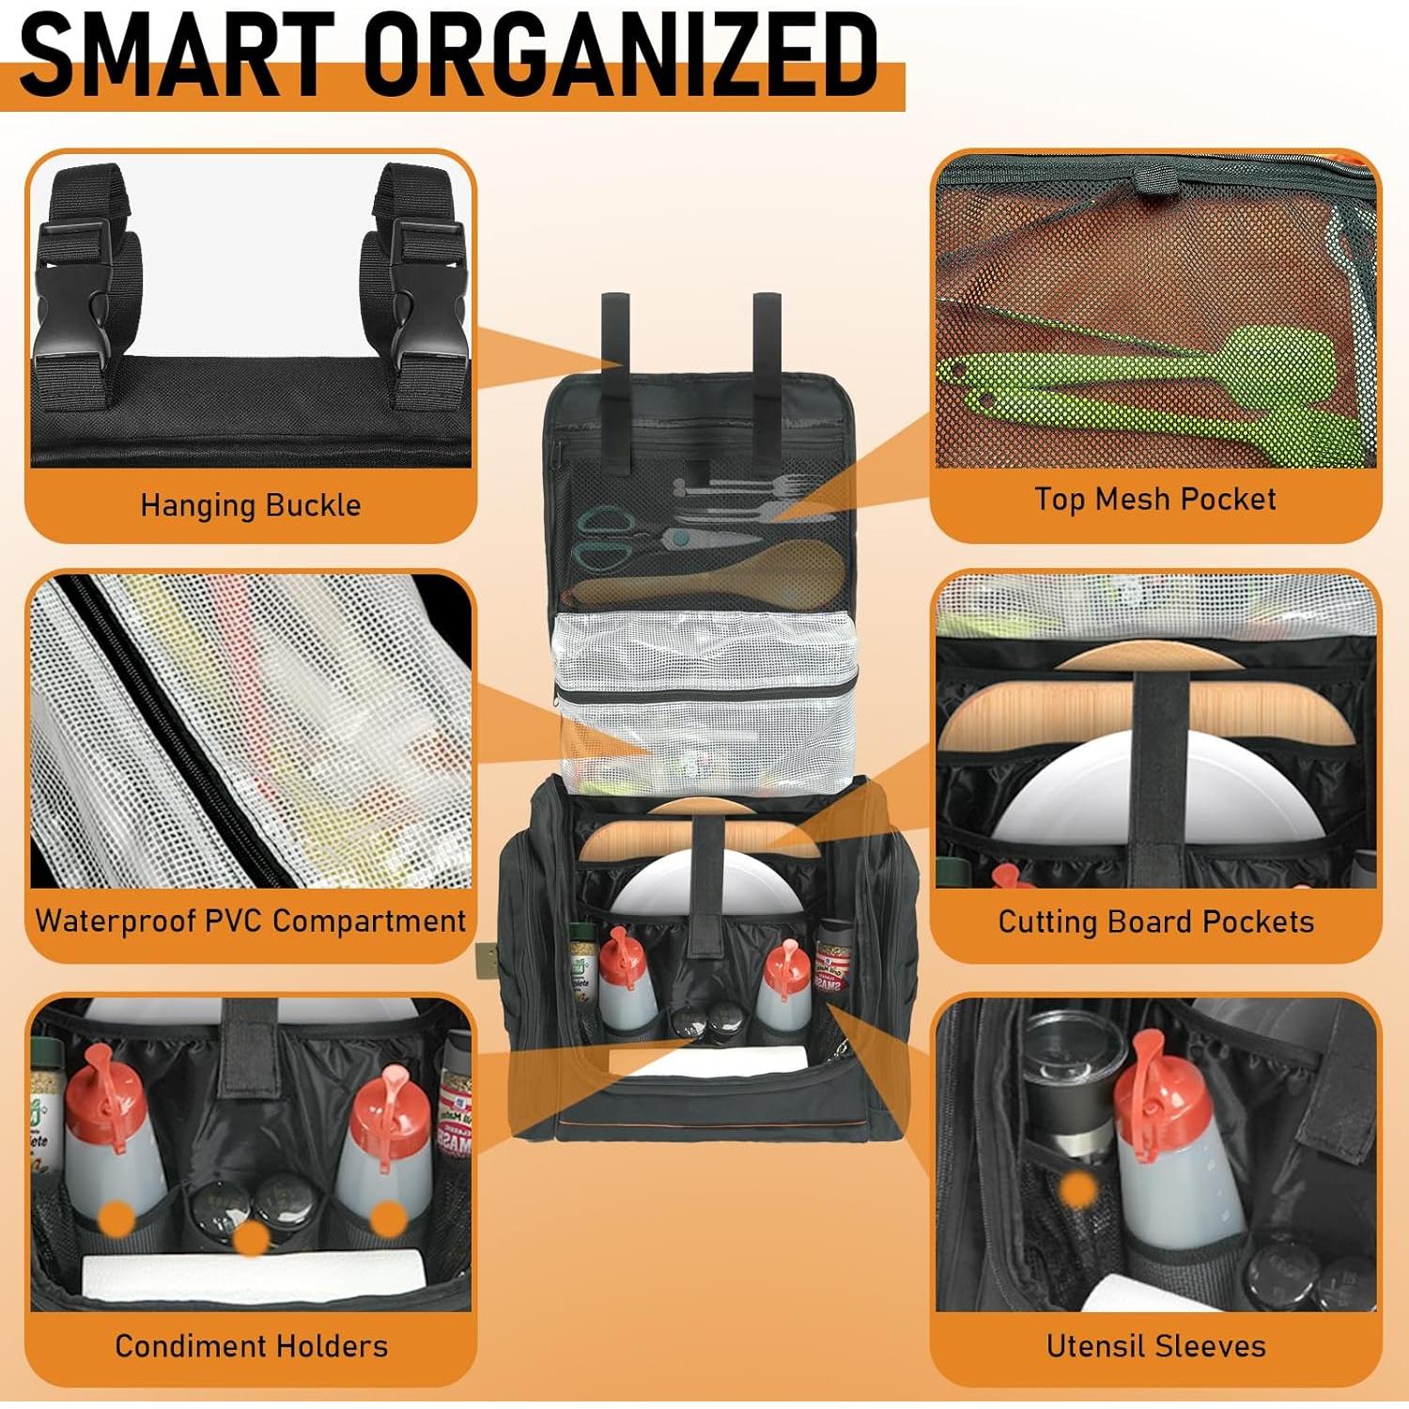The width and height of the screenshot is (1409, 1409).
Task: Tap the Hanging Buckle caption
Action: point(251,505)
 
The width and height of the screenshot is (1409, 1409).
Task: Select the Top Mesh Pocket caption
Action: point(1154,499)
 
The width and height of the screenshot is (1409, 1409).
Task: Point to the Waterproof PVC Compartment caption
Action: point(251,921)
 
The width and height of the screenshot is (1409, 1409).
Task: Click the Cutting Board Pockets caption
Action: point(1155,921)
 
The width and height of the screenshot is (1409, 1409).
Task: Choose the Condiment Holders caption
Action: point(251,1345)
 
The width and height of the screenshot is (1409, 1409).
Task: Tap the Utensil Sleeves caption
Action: point(1155,1345)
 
